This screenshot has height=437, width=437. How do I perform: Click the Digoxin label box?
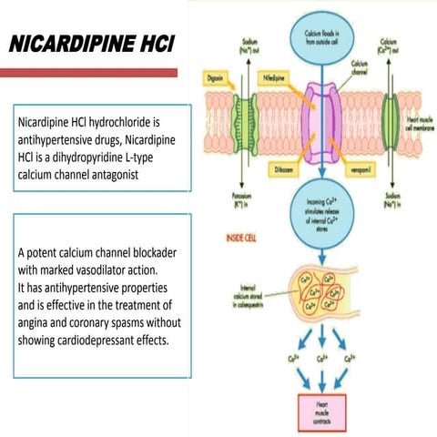pos(216,79)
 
